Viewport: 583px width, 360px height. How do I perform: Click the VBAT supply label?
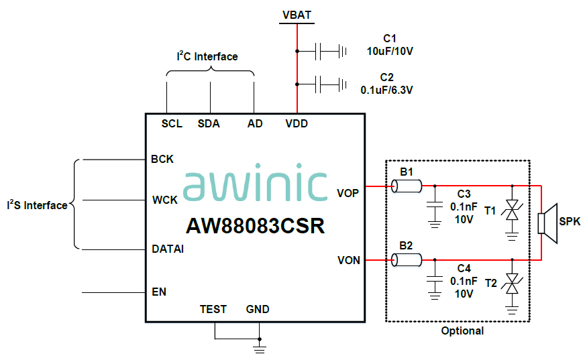[x=297, y=14]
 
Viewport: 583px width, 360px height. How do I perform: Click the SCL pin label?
[x=172, y=124]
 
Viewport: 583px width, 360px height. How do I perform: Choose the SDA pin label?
[x=209, y=124]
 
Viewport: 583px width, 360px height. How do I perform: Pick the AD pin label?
[x=255, y=124]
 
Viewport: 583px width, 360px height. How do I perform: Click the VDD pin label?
[x=297, y=124]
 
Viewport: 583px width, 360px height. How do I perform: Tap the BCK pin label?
[x=162, y=160]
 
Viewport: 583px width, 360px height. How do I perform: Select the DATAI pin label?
[x=168, y=249]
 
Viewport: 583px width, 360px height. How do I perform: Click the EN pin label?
[x=159, y=292]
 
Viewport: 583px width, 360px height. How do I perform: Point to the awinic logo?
[x=254, y=185]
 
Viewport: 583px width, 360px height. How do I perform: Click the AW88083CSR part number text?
[x=254, y=226]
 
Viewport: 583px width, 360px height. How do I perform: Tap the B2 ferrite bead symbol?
[x=407, y=260]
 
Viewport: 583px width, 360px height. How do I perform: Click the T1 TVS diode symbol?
[x=513, y=211]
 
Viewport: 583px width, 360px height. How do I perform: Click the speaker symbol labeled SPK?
[x=549, y=223]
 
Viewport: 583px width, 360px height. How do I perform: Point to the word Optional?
[x=462, y=331]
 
